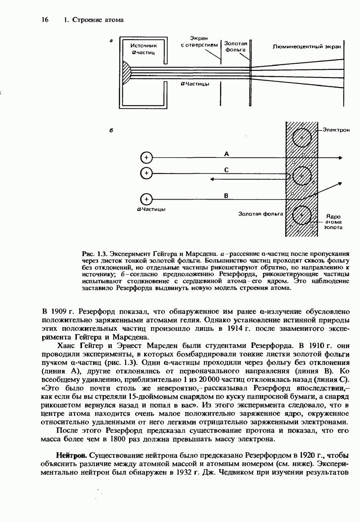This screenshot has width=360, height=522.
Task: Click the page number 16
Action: [x=45, y=20]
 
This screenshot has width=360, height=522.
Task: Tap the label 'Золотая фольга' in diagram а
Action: [x=235, y=47]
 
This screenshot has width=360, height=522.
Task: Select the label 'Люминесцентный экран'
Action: [x=307, y=47]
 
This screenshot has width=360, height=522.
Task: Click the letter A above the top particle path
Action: [x=226, y=153]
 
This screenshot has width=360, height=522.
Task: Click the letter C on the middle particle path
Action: [x=226, y=170]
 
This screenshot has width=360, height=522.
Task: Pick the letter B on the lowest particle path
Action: [x=226, y=196]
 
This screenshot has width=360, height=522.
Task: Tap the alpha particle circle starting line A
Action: [x=146, y=158]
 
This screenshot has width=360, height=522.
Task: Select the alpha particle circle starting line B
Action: [x=146, y=199]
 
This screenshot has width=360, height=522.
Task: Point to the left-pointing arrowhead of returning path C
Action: [x=213, y=179]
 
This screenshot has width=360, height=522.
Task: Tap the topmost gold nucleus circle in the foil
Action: [x=302, y=138]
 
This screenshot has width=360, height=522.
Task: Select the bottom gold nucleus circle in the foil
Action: [x=302, y=216]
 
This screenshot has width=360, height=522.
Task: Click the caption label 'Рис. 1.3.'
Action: [x=95, y=254]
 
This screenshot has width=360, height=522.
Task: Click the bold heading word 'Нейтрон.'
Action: [x=72, y=456]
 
